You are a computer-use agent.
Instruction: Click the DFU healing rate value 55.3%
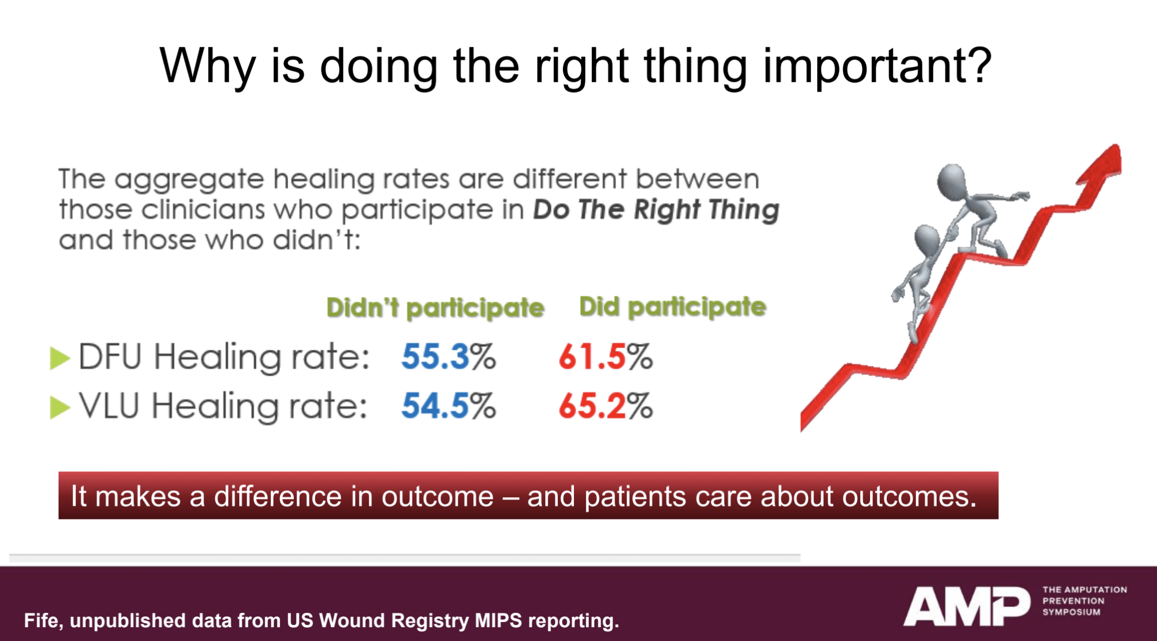(448, 357)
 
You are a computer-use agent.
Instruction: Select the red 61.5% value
(605, 357)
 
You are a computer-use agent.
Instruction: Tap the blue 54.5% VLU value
(448, 406)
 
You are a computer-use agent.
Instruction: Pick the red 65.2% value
(605, 406)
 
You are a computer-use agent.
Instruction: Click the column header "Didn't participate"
(435, 308)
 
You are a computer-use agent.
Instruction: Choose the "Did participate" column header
(672, 307)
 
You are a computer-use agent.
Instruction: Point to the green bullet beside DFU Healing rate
(59, 358)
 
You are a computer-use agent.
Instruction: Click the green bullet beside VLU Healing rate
(59, 407)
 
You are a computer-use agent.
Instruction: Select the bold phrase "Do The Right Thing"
(656, 209)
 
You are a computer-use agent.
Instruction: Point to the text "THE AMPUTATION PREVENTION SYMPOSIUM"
(1084, 601)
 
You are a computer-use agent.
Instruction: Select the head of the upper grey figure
(952, 180)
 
